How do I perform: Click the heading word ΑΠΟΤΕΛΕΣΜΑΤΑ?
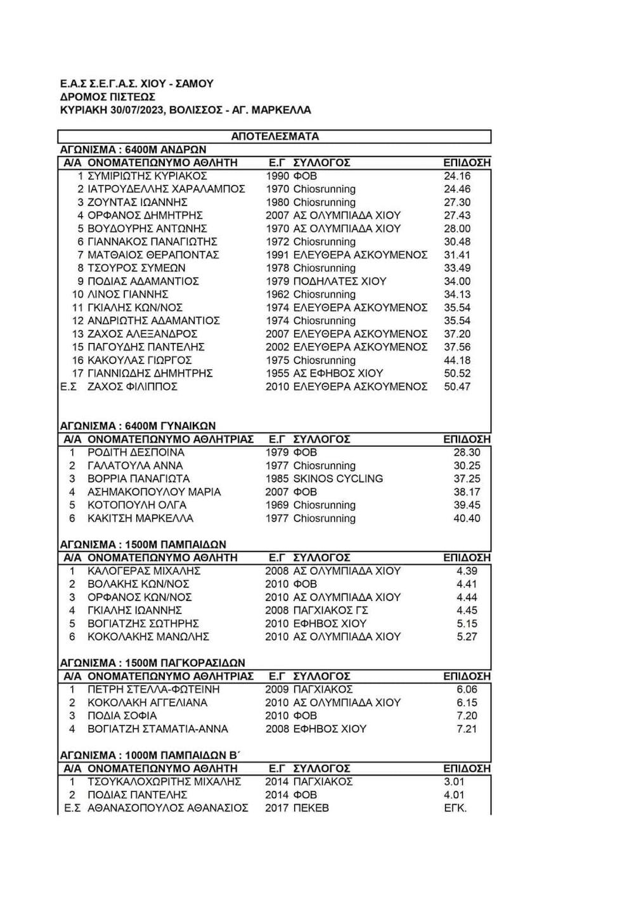pos(275,136)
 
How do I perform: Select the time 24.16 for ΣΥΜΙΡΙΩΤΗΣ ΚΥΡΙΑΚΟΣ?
pos(457,176)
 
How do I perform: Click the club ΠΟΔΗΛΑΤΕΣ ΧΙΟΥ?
pos(340,281)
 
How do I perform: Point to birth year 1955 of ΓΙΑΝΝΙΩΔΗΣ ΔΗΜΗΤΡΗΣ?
pos(277,373)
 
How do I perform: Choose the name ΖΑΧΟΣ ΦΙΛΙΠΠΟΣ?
pos(133,387)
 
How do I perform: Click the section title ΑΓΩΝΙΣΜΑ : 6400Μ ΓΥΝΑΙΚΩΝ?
pos(138,425)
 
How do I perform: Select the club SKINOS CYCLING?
pos(338,479)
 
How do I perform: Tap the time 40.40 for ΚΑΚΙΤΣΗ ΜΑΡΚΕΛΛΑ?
pos(467,519)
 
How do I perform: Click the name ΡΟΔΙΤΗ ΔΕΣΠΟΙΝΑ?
pos(136,453)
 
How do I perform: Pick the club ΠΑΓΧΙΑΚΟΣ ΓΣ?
pos(331,610)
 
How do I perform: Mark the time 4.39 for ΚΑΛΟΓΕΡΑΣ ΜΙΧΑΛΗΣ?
pos(467,571)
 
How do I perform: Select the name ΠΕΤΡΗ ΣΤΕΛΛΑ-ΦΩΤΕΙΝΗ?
pos(154,689)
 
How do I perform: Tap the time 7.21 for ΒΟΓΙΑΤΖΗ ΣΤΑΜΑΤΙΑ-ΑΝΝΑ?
pos(467,729)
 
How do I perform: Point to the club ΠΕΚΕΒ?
pos(311,808)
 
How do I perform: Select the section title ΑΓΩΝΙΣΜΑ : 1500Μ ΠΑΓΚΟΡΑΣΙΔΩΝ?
pos(152,663)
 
